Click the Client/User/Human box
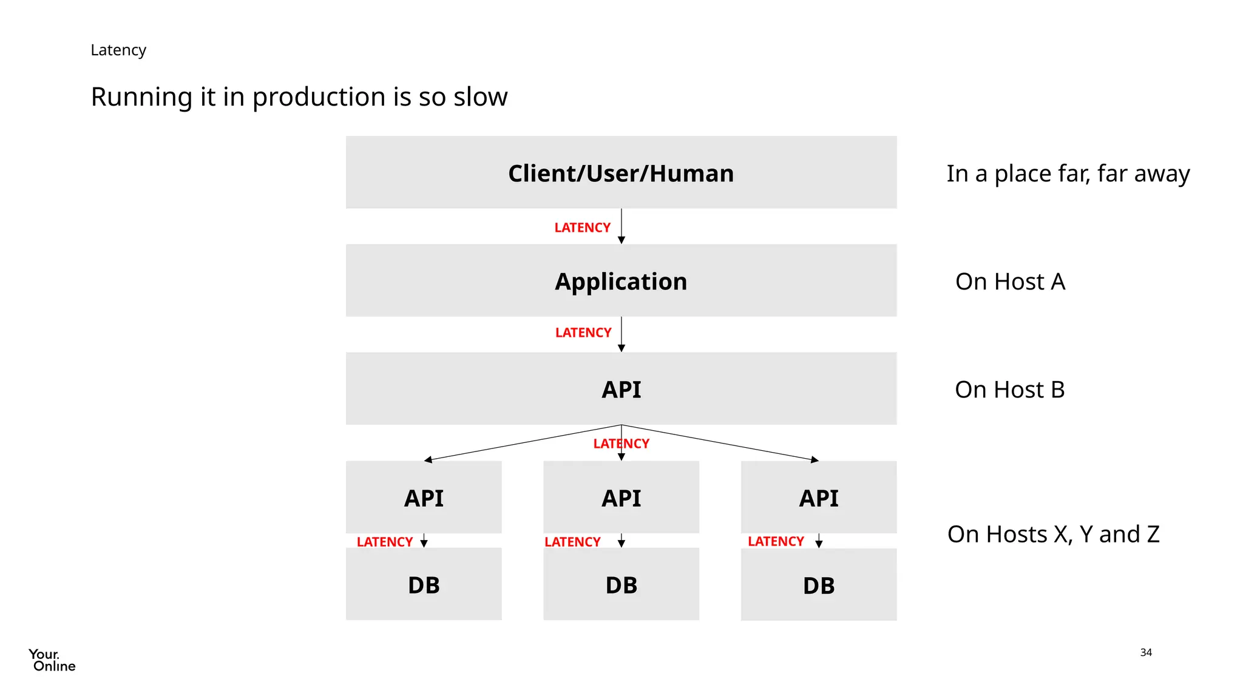(621, 173)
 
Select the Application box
(621, 281)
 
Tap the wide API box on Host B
(621, 389)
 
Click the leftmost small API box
(424, 498)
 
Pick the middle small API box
(621, 498)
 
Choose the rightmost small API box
(818, 498)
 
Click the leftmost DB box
(424, 585)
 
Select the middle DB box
(621, 585)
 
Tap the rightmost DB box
(818, 585)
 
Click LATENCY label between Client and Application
(582, 228)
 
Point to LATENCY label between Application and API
(583, 333)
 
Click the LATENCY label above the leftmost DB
(384, 542)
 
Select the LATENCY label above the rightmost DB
(776, 541)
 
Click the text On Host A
(1010, 282)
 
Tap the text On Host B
(1009, 390)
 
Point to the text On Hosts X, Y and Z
(1053, 534)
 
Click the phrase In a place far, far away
(1068, 174)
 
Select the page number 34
(1145, 652)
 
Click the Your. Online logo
(52, 660)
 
